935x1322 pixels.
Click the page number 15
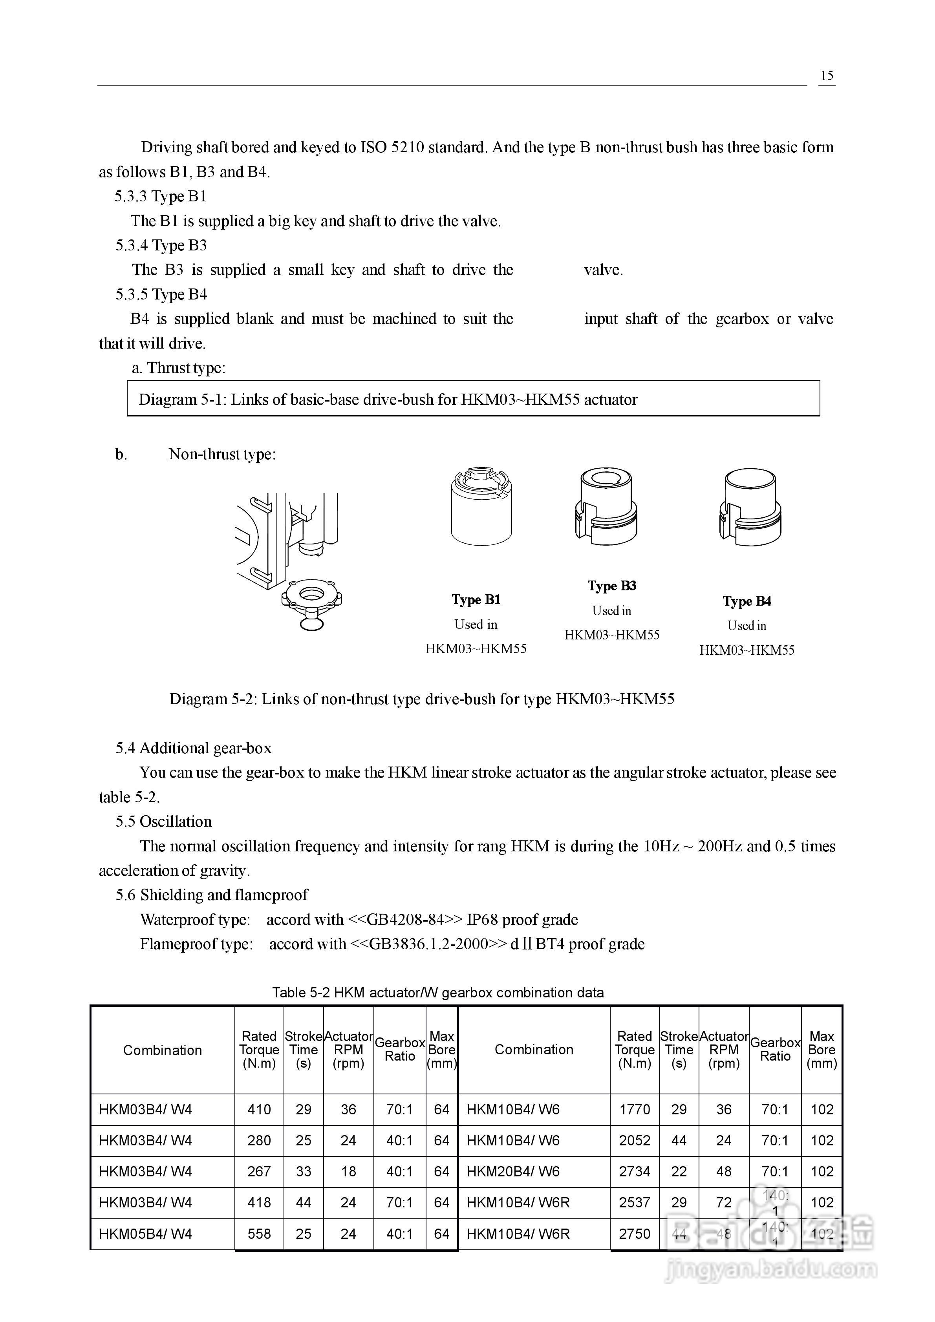pyautogui.click(x=827, y=75)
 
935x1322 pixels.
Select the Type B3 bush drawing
pyautogui.click(x=606, y=507)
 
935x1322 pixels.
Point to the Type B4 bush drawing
pyautogui.click(x=750, y=507)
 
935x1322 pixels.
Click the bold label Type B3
pyautogui.click(x=612, y=586)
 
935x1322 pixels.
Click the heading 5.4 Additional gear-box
pyautogui.click(x=194, y=748)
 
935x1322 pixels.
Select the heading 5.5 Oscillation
pyautogui.click(x=164, y=821)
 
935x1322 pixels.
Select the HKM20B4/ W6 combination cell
pyautogui.click(x=513, y=1171)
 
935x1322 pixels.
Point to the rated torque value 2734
pyautogui.click(x=634, y=1171)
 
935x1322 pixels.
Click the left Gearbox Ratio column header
pyautogui.click(x=399, y=1049)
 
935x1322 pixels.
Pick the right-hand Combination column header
pyautogui.click(x=534, y=1049)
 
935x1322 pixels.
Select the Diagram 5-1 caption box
pyautogui.click(x=473, y=398)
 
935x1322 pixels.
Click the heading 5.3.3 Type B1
pyautogui.click(x=160, y=196)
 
